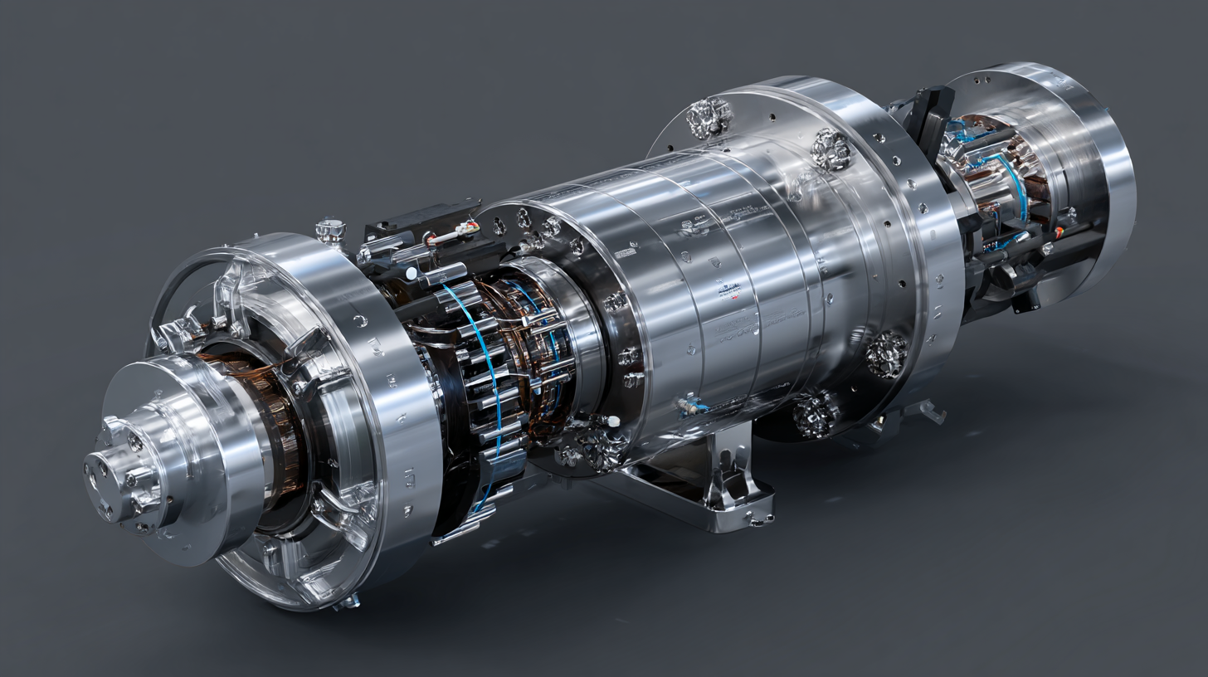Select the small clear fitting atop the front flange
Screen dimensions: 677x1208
click(330, 229)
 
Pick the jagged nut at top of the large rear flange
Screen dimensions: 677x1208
click(709, 117)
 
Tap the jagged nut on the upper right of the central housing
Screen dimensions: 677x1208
click(830, 149)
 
